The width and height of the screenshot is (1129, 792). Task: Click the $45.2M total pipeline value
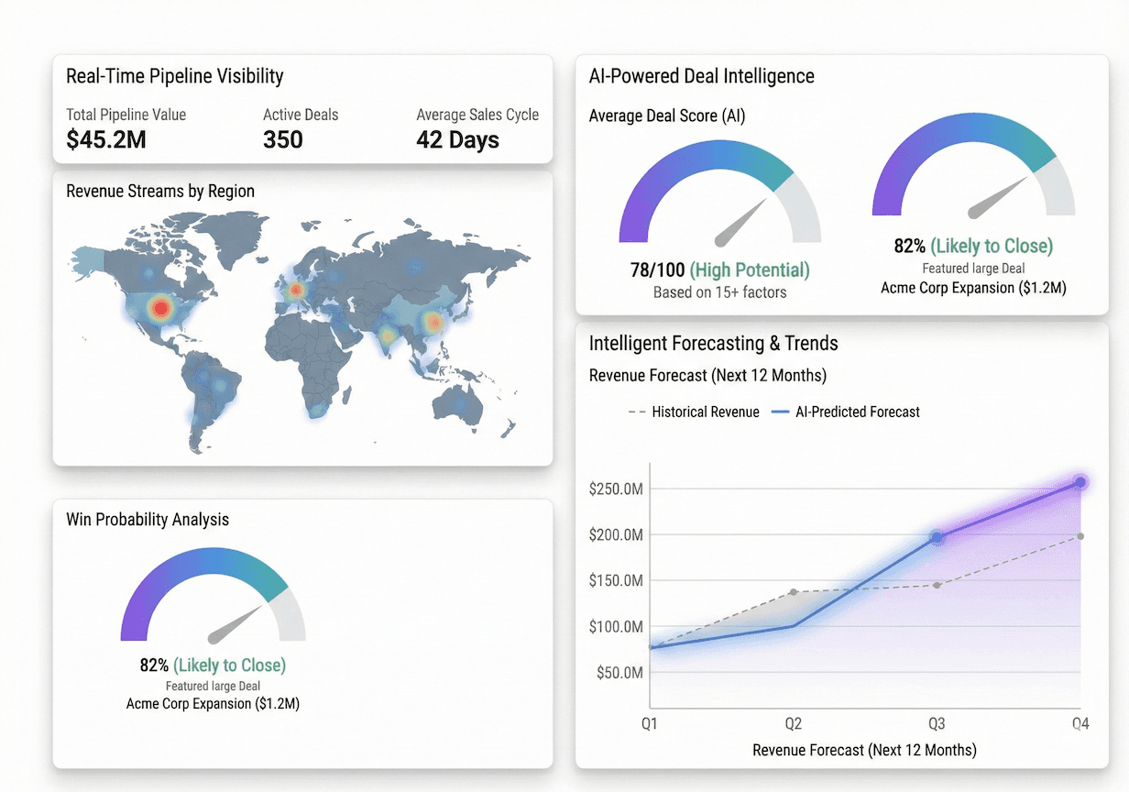point(106,140)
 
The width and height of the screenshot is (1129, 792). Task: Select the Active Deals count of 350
point(283,140)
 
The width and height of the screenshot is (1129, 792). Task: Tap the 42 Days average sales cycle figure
point(457,140)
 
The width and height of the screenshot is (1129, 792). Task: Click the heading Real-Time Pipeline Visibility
point(174,76)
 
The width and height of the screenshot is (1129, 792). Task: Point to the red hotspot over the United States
point(161,308)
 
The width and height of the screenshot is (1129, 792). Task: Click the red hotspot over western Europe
point(295,291)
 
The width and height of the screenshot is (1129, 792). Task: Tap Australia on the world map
point(458,406)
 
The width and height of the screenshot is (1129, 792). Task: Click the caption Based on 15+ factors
point(719,292)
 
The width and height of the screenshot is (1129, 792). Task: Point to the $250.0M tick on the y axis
point(617,489)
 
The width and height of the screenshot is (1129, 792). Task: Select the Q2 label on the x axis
point(794,724)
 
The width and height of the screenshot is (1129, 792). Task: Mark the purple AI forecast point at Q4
point(1080,482)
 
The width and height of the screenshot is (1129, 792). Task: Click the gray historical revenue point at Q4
point(1080,536)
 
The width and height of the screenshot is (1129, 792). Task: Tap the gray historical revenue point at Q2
point(794,592)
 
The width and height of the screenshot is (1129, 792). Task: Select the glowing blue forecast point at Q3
point(937,538)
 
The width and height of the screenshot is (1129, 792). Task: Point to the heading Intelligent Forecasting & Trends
point(713,344)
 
